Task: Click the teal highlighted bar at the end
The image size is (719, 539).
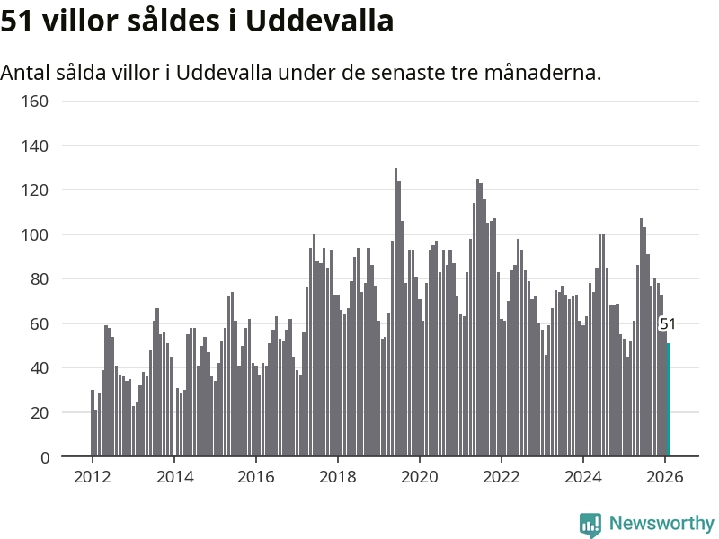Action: [668, 401]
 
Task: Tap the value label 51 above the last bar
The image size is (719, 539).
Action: [668, 324]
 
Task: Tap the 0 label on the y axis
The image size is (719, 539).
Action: [45, 458]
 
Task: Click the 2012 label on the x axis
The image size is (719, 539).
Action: [92, 477]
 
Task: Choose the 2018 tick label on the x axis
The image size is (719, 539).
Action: [337, 477]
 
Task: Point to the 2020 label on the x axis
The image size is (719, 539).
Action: [419, 477]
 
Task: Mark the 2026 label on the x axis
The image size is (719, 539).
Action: [664, 477]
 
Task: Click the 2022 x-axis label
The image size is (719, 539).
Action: [501, 477]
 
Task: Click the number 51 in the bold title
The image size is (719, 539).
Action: [17, 21]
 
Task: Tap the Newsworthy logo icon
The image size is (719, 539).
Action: [590, 525]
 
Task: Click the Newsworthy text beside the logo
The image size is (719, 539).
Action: [661, 523]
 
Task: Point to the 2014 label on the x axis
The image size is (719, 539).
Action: [173, 477]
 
